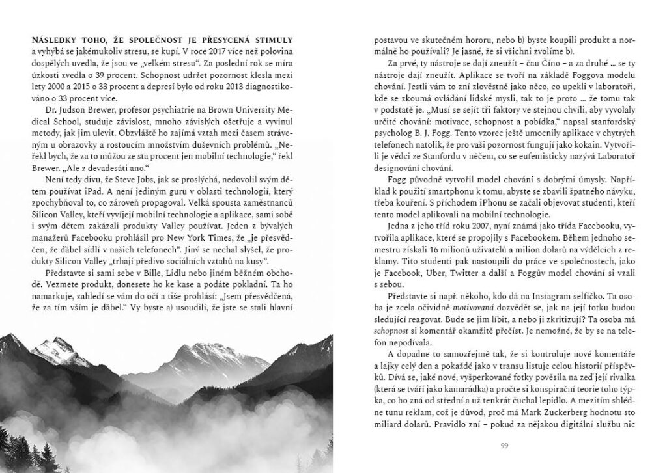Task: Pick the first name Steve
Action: [146, 176]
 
